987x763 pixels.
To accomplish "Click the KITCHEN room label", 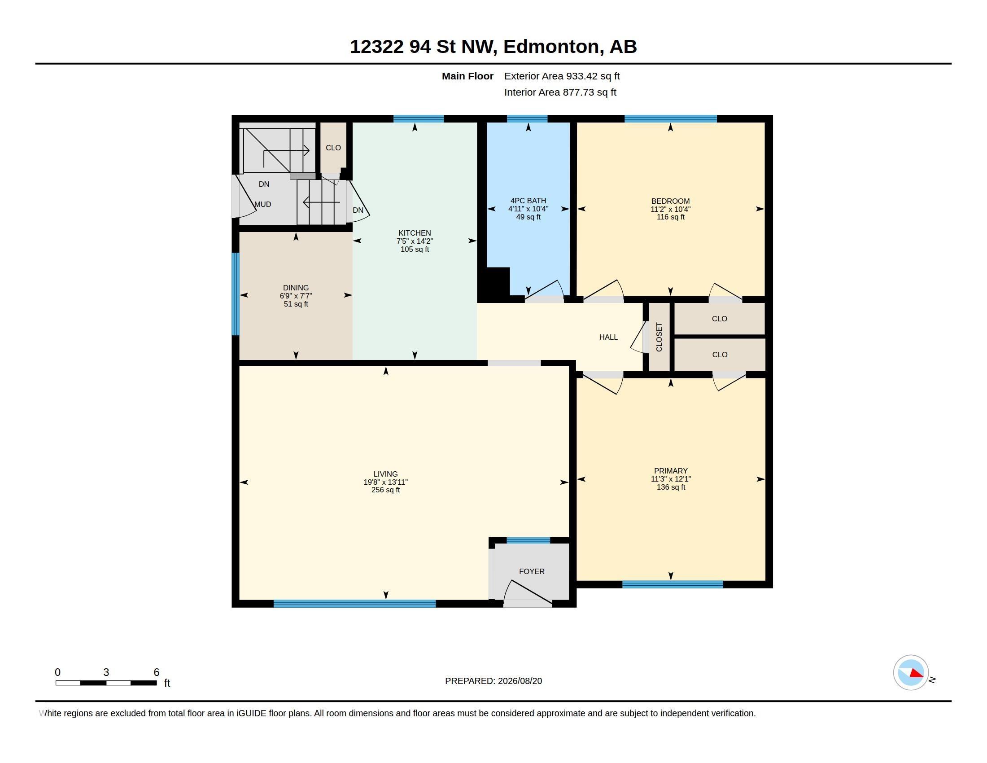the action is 415,233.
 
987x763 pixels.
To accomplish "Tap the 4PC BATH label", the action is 528,201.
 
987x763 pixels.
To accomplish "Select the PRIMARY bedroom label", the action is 671,470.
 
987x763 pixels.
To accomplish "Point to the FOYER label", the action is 532,571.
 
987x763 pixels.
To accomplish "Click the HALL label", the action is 608,337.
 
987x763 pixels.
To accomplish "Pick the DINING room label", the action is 296,288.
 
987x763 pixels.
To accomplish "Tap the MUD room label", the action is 262,204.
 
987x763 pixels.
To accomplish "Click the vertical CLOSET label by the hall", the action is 659,337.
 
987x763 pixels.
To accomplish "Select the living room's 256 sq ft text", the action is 385,490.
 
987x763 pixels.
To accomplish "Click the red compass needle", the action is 917,674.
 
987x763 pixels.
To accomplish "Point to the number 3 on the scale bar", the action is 106,672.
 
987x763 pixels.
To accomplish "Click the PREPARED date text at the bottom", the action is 493,681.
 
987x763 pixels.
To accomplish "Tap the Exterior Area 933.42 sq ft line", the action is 562,76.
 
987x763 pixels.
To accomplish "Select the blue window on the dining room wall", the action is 236,294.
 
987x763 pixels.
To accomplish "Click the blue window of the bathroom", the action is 527,119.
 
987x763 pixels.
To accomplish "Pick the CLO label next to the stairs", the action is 333,148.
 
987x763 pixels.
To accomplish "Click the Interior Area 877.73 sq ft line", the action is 560,92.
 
